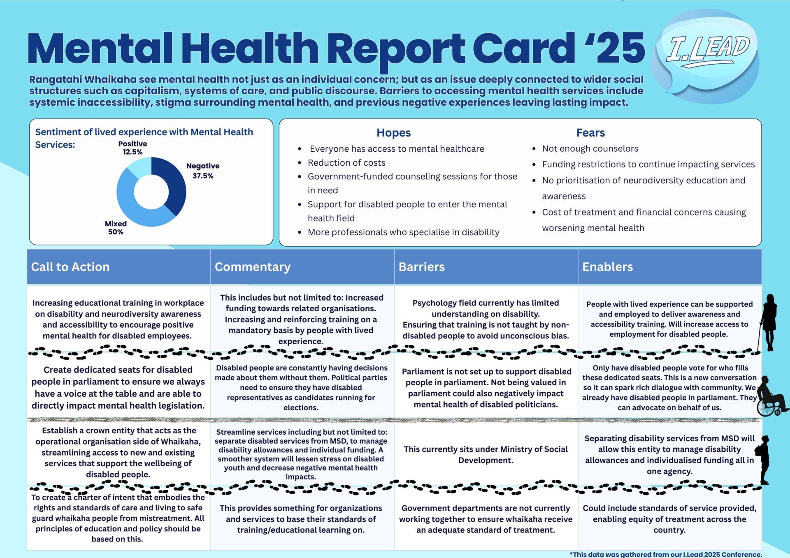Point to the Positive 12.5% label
(132, 148)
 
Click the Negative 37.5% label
(203, 171)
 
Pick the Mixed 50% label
(116, 228)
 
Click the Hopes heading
(393, 133)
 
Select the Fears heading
(590, 133)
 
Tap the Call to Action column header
(70, 267)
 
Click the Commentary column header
(253, 267)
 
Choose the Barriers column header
(421, 267)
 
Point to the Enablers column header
(607, 267)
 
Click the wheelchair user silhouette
(771, 397)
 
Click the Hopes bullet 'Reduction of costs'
(346, 163)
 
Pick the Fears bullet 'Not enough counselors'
(590, 148)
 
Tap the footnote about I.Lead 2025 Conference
(666, 554)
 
